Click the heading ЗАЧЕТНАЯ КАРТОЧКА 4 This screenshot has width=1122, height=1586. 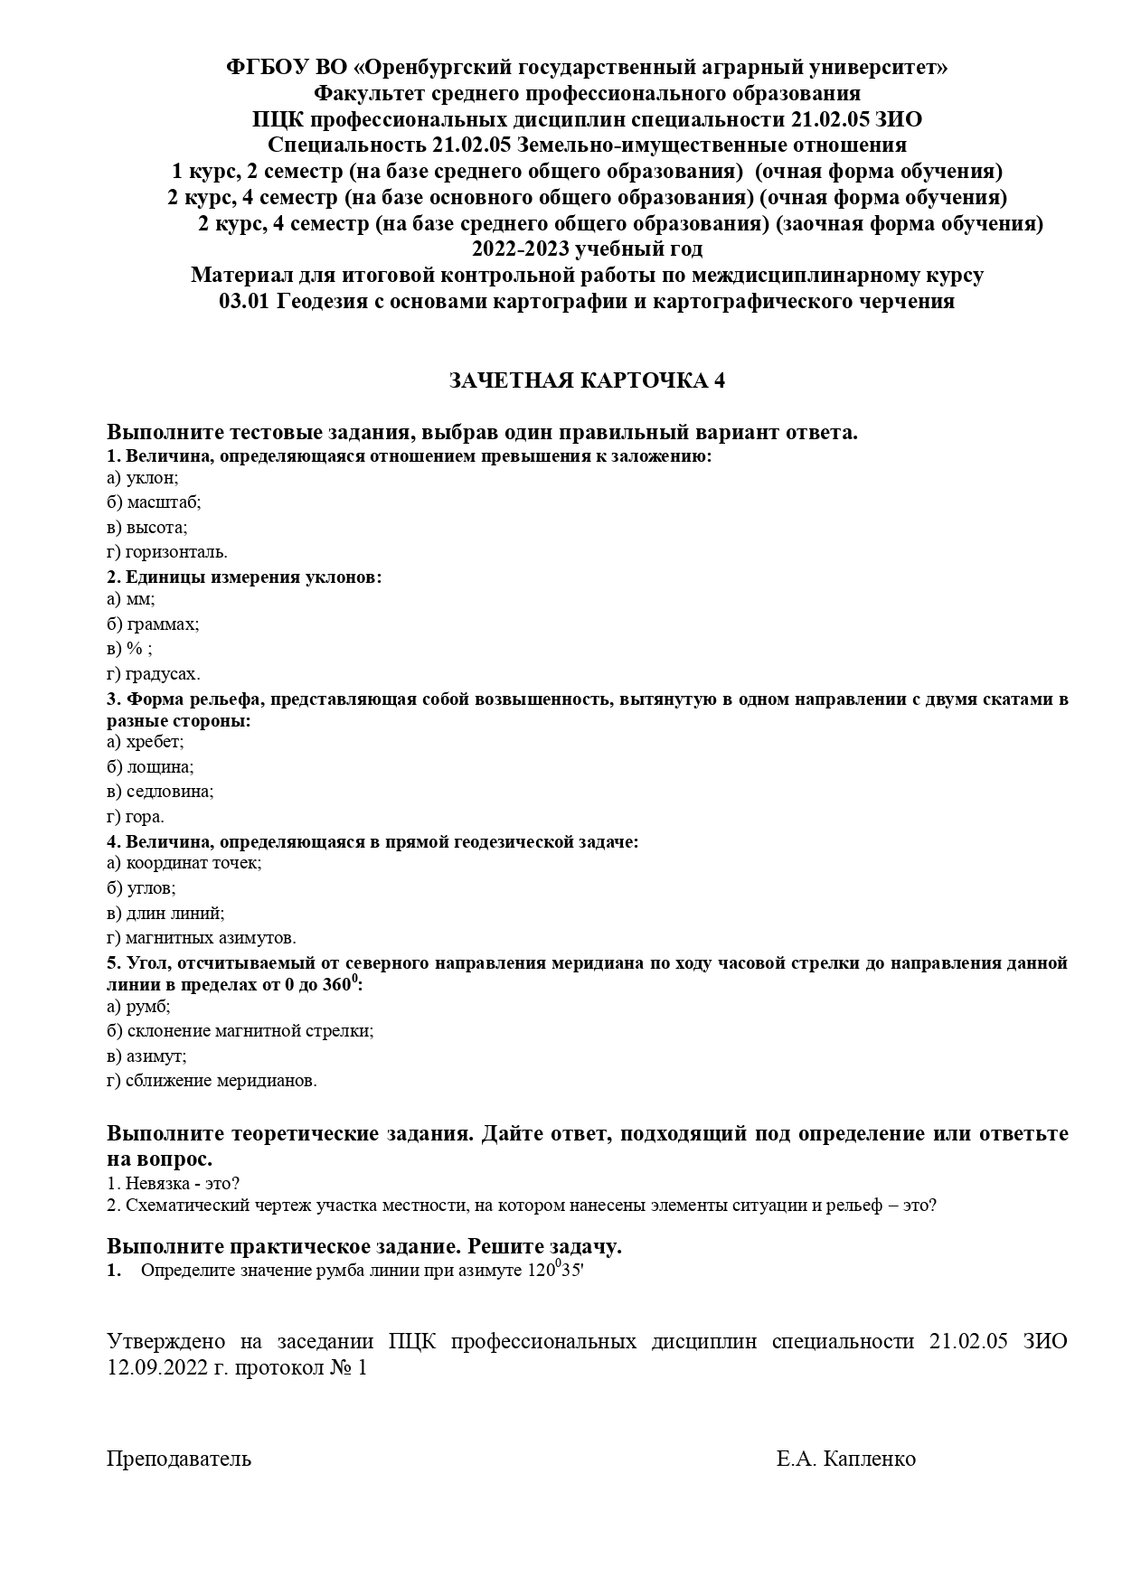tap(587, 380)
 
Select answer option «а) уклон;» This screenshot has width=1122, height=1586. tap(142, 478)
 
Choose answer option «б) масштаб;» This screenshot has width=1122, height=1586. tap(153, 502)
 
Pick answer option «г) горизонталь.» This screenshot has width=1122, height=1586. tap(166, 551)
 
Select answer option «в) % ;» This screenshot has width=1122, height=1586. tap(129, 649)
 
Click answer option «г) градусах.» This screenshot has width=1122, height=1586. tap(153, 674)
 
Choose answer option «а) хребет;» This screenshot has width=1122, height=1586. tap(145, 742)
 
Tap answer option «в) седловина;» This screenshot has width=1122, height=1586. tap(159, 792)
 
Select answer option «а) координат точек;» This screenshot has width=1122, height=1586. tap(184, 863)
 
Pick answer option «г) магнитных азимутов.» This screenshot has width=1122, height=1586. tap(201, 938)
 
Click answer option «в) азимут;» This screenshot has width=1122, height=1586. tap(146, 1056)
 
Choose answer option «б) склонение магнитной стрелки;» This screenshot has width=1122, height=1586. tap(240, 1031)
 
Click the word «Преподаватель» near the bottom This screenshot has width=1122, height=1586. tap(179, 1459)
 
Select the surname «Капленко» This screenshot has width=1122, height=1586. tap(870, 1459)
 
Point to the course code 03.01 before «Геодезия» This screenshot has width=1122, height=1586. tap(243, 302)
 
